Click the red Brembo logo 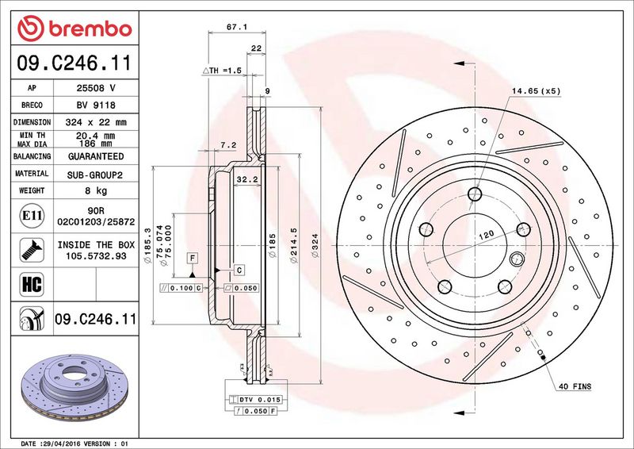(74, 29)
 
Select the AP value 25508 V (96, 88)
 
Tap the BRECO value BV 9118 (96, 106)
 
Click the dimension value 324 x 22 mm (96, 122)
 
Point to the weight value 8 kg (96, 190)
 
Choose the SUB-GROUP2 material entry (94, 175)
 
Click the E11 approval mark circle (32, 216)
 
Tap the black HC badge (32, 284)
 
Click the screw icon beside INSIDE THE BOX (32, 250)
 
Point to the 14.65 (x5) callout (537, 91)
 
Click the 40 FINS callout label (575, 386)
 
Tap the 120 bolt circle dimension (486, 235)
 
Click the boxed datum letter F (193, 259)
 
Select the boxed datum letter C (239, 270)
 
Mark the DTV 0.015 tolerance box (255, 400)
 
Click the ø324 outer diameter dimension (315, 245)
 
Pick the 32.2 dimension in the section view (247, 179)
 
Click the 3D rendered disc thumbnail (74, 387)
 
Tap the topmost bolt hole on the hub (475, 194)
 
